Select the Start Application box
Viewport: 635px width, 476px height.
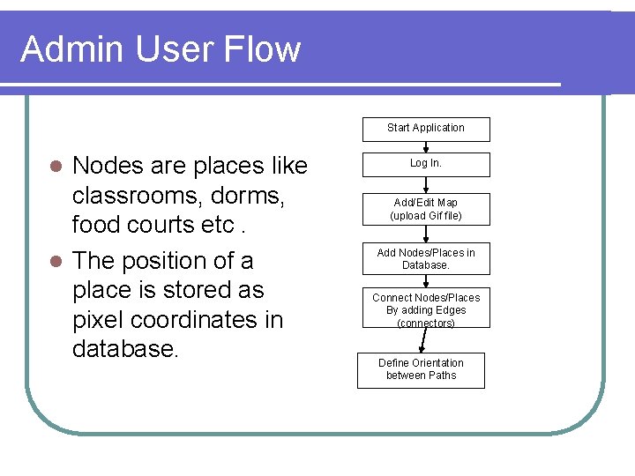coord(425,129)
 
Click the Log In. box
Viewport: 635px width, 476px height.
coord(425,164)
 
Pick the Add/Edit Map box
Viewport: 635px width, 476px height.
coord(425,209)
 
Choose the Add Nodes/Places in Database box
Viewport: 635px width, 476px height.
coord(425,259)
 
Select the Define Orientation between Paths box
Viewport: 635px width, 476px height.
coord(420,369)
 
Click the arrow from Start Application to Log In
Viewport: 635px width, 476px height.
coord(425,147)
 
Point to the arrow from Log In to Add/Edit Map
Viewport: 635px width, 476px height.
coord(425,185)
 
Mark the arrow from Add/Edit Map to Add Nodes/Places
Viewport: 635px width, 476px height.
coord(425,234)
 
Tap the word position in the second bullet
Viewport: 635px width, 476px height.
coord(171,261)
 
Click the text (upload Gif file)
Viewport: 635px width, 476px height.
coord(425,216)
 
